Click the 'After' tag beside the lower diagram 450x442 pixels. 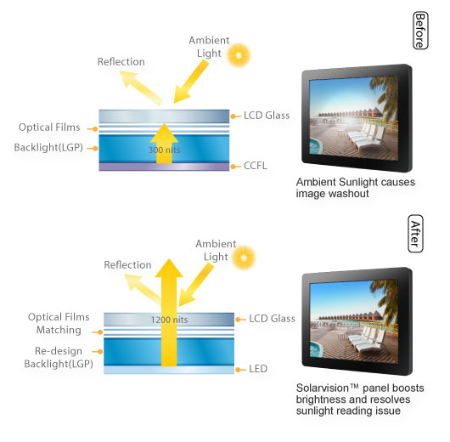(415, 234)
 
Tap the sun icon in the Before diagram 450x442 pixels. (239, 55)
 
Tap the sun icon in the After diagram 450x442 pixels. (244, 258)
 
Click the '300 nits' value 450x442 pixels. (165, 150)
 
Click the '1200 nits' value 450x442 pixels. (169, 320)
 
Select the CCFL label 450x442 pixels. (255, 166)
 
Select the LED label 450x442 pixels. (258, 369)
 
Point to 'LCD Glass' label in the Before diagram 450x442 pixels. (267, 116)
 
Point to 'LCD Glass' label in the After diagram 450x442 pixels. (272, 319)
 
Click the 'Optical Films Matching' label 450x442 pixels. (59, 323)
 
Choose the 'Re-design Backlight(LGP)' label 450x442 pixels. (59, 357)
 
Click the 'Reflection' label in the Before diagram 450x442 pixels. (121, 62)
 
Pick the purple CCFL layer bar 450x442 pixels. (164, 167)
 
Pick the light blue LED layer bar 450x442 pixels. (169, 370)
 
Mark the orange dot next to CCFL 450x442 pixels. (233, 167)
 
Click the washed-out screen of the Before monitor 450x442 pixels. (353, 118)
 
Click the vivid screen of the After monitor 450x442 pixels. (354, 321)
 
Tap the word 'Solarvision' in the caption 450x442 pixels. (323, 388)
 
